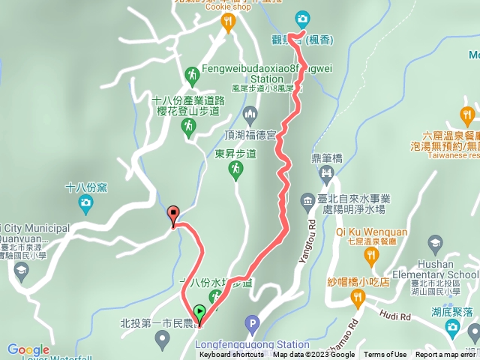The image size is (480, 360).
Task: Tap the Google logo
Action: (28, 349)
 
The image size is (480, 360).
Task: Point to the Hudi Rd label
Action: (395, 316)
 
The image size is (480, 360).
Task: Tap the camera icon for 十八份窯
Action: (85, 202)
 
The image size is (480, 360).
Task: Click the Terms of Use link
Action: (385, 355)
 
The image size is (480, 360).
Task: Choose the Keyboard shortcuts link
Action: (232, 355)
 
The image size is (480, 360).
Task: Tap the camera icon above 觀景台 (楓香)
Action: (301, 18)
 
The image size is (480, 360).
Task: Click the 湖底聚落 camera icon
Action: (451, 326)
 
